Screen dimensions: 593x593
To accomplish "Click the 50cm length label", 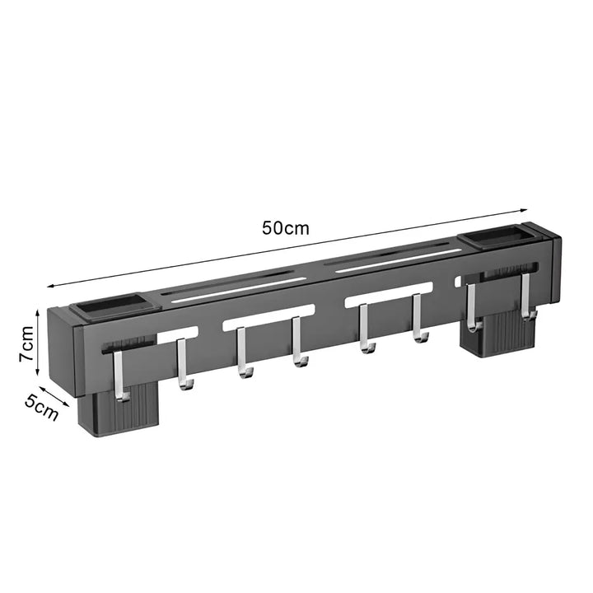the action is pyautogui.click(x=286, y=228).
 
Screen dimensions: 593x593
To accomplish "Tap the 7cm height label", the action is pyautogui.click(x=27, y=343).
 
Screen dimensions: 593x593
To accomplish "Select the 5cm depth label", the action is pyautogui.click(x=42, y=409).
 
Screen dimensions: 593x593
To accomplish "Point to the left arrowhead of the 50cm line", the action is pyautogui.click(x=51, y=286).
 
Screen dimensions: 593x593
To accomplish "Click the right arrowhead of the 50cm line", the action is pyautogui.click(x=524, y=210).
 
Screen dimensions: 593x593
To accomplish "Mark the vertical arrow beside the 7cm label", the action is pyautogui.click(x=38, y=343).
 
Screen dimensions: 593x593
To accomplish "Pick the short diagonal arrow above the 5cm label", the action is pyautogui.click(x=54, y=396).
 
